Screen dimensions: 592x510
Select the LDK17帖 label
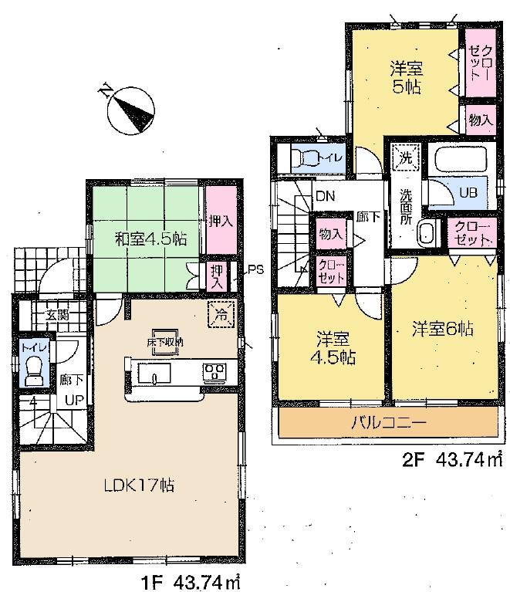[139, 485]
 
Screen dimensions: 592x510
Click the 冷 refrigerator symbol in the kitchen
[220, 315]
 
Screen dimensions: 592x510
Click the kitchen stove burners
[213, 372]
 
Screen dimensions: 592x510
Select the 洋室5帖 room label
[404, 77]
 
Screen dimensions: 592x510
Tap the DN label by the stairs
[324, 196]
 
